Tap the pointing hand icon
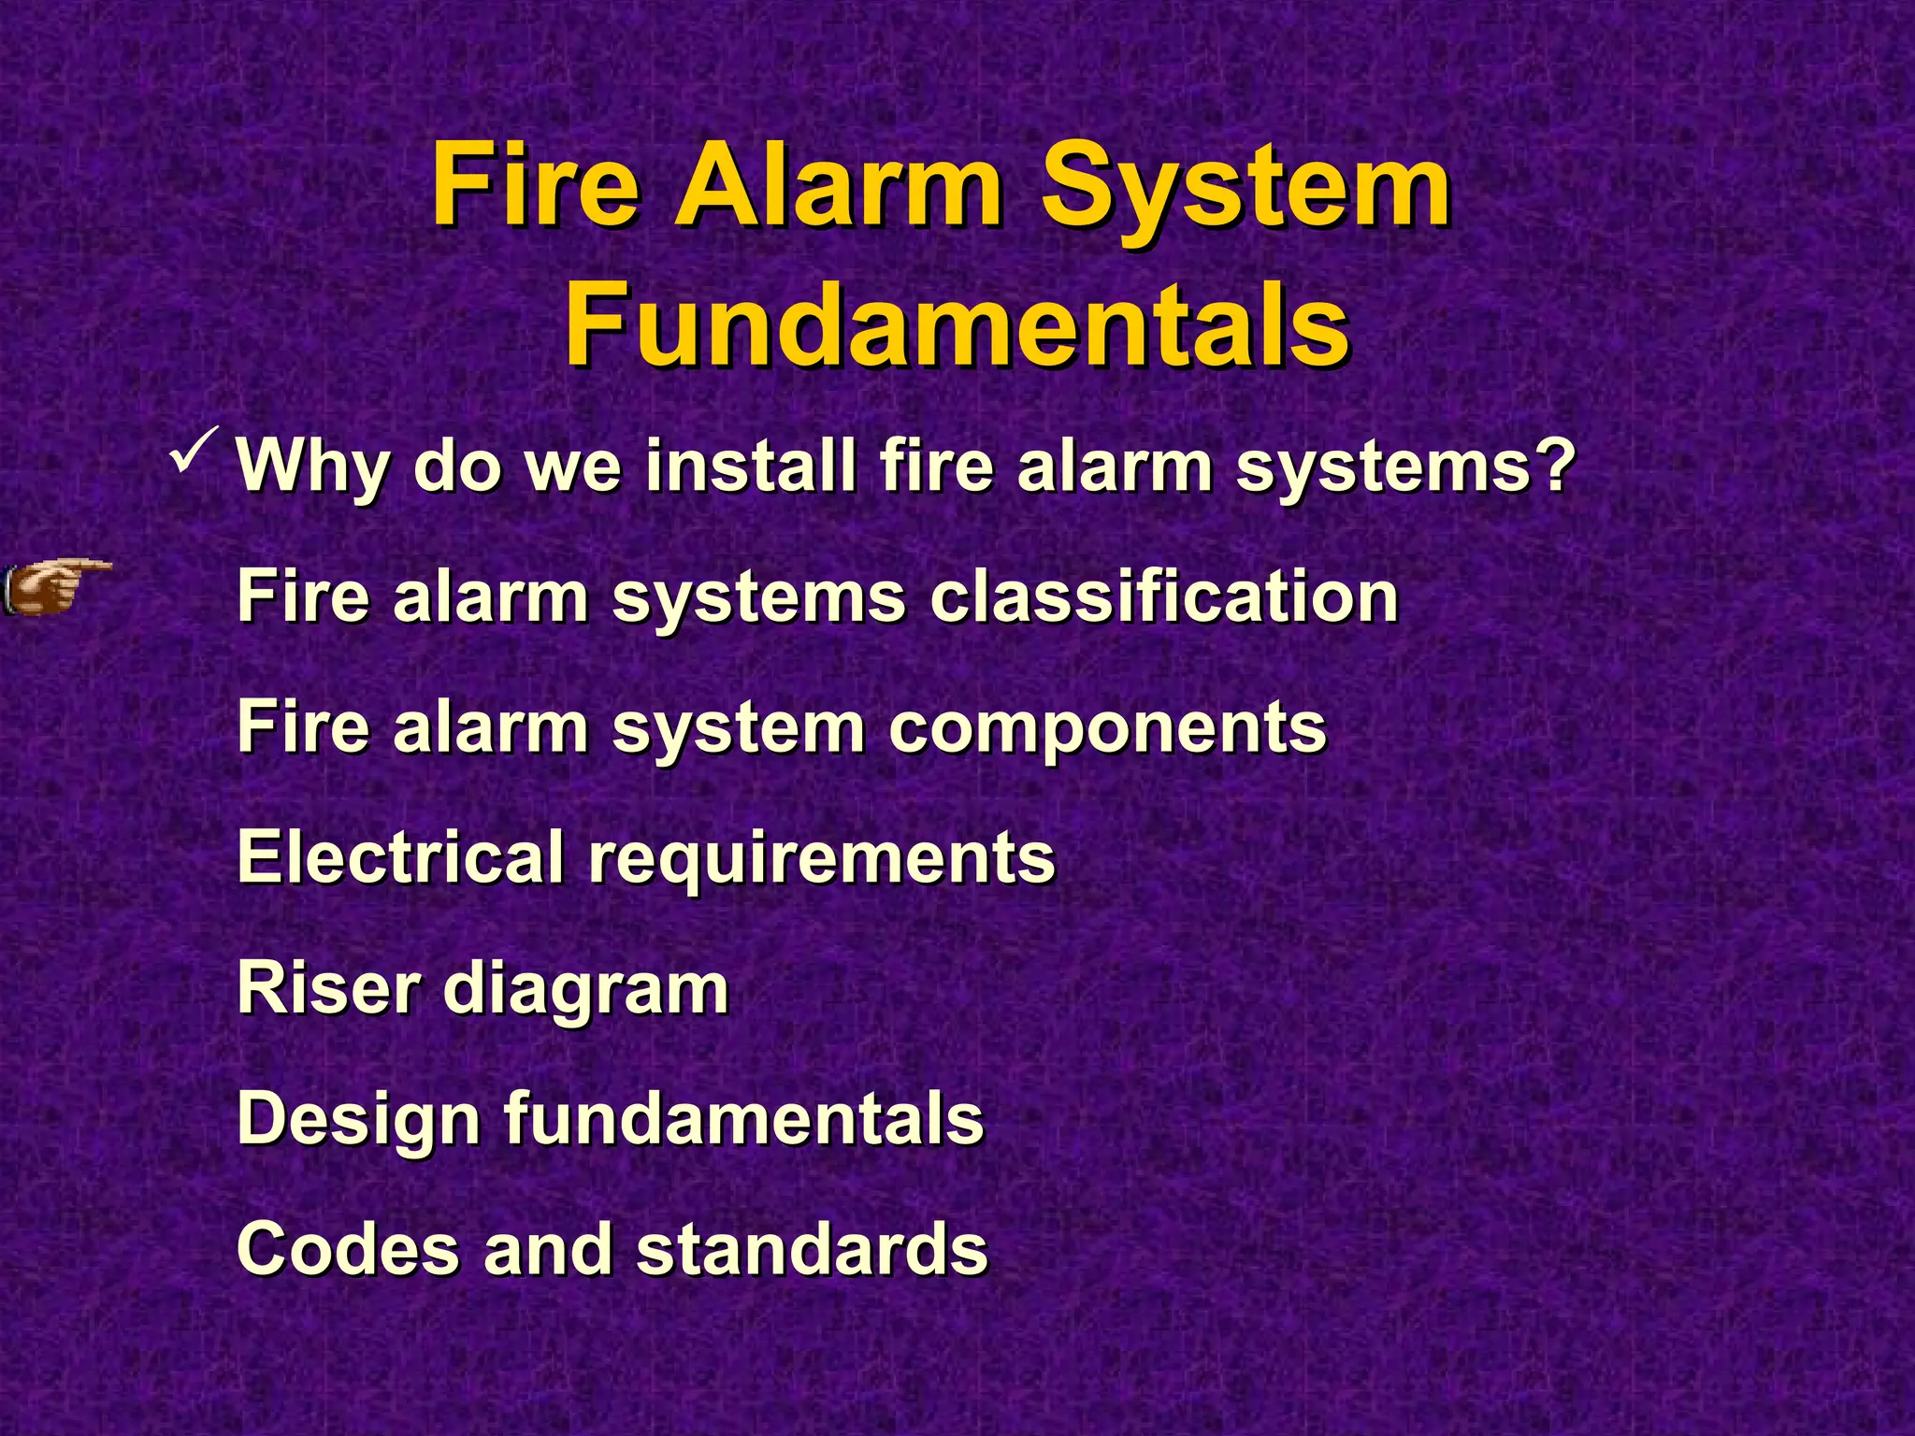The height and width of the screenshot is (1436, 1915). tap(56, 587)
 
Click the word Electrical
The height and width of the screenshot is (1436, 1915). tap(401, 856)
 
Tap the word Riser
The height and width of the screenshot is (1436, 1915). tap(328, 987)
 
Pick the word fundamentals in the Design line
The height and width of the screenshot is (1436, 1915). tap(744, 1118)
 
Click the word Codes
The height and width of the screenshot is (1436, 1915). tap(348, 1249)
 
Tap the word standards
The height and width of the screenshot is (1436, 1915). tap(812, 1249)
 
